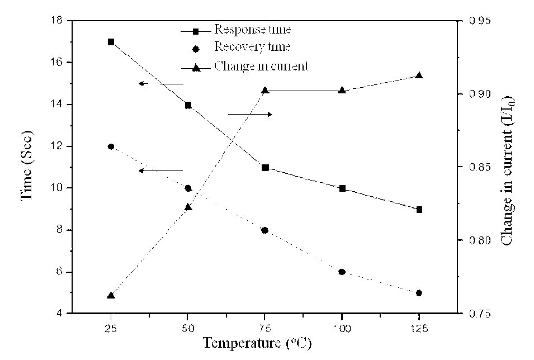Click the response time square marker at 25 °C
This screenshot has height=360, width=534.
tap(111, 42)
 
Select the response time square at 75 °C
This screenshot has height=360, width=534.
tap(265, 168)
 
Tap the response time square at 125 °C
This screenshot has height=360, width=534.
tap(419, 210)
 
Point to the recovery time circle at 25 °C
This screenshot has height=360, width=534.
tap(111, 146)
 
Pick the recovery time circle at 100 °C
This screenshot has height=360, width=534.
tap(342, 272)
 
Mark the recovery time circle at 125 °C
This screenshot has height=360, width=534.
tap(419, 293)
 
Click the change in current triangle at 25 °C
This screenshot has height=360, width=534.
tap(111, 295)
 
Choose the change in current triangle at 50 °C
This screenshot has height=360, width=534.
tap(188, 207)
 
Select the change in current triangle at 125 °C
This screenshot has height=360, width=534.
tap(419, 75)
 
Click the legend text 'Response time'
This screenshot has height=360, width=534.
tap(252, 29)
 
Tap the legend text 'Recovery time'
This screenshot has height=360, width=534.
tap(252, 46)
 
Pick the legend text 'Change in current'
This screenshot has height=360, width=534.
tap(261, 66)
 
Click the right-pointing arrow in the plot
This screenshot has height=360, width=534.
tap(250, 114)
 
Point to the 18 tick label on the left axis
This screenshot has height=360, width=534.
tap(57, 21)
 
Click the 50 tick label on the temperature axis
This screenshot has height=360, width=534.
tap(187, 328)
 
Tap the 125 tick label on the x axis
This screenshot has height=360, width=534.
tap(419, 328)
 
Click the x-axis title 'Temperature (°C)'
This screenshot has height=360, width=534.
tap(257, 343)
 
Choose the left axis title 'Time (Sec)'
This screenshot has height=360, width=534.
tap(27, 165)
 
